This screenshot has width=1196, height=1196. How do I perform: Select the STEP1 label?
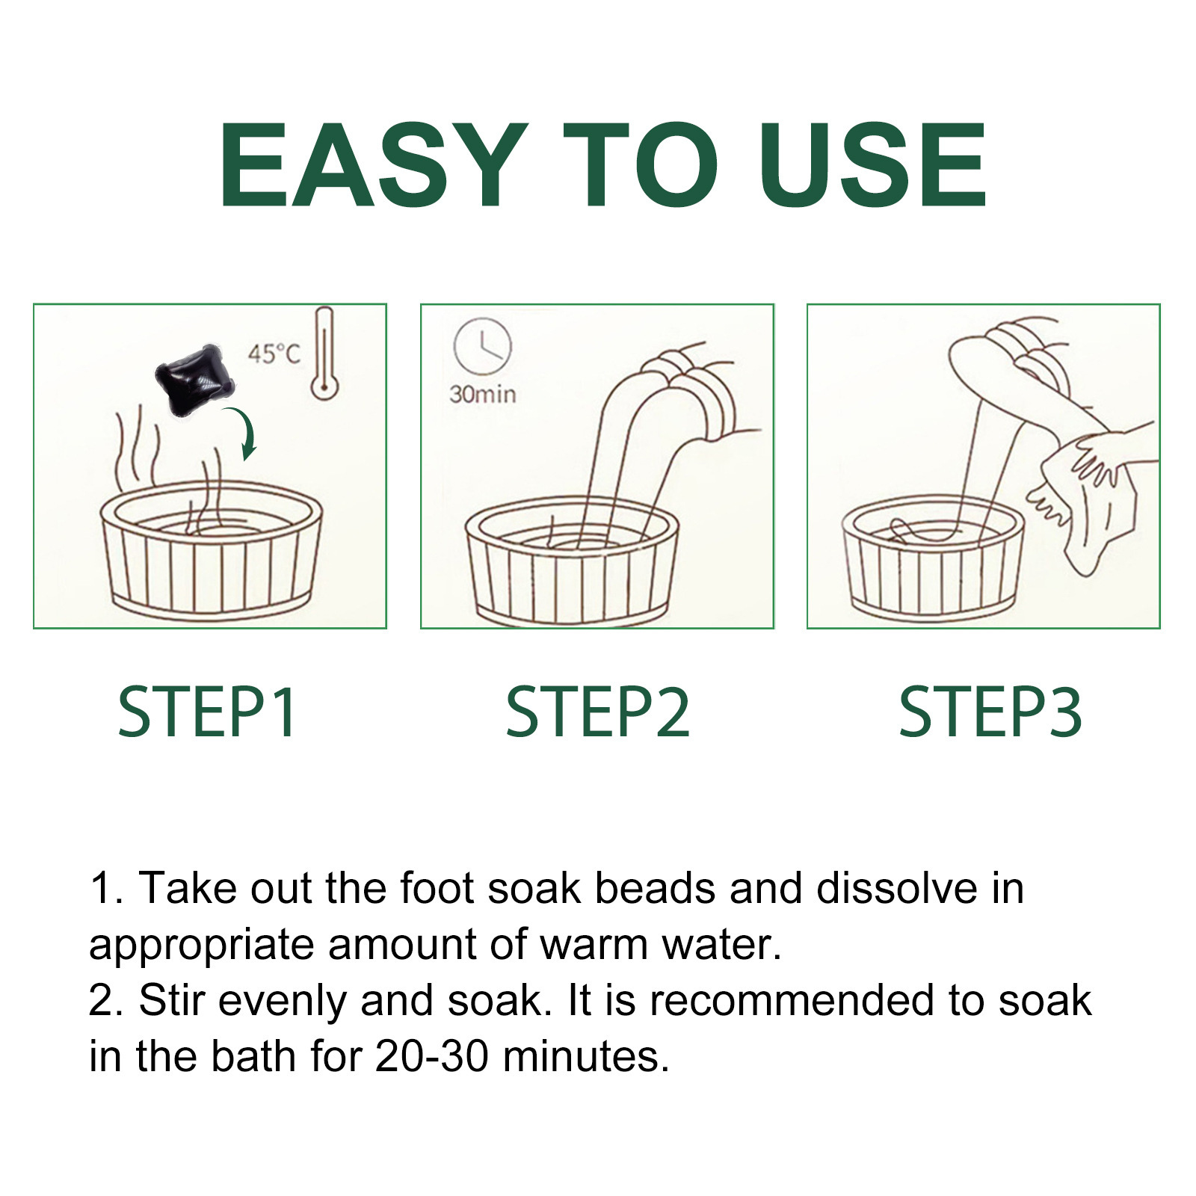click(207, 713)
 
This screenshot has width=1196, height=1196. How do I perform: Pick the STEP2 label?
click(597, 713)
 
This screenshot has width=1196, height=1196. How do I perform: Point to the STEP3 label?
click(990, 713)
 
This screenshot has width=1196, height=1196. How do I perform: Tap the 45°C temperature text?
click(274, 353)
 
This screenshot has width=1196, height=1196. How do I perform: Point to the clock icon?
click(482, 346)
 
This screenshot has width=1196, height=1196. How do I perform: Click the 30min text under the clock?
click(482, 394)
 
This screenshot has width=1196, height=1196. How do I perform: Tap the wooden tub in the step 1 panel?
click(211, 549)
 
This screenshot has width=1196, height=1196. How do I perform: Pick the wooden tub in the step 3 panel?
click(933, 558)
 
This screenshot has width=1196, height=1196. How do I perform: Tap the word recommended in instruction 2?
click(792, 1000)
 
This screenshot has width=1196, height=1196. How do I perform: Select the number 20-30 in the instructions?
click(432, 1056)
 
